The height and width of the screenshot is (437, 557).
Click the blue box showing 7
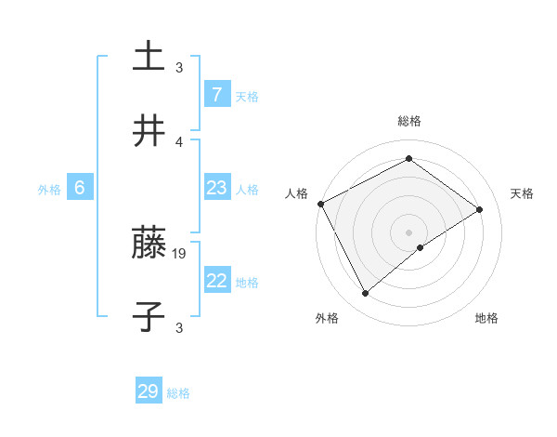point(216,94)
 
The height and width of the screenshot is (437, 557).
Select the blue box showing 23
point(216,189)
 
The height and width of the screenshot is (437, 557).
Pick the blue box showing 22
point(216,281)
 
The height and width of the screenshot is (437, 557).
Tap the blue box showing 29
point(149,391)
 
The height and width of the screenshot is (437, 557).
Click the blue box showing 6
point(80,188)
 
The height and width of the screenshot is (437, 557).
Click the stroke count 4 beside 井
point(179,141)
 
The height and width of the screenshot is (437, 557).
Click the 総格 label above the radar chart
point(408,121)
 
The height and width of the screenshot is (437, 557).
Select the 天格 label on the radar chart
point(522,193)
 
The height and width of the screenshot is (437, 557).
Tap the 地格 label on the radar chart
point(486,318)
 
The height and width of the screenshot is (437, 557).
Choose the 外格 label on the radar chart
point(327,318)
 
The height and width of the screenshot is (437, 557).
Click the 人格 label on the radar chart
point(296,193)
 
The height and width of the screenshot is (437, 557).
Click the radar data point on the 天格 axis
point(480,209)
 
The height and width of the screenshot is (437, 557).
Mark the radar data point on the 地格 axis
point(421,247)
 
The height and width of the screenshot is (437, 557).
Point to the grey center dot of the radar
point(408,232)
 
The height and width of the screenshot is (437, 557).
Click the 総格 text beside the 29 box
point(178,393)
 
